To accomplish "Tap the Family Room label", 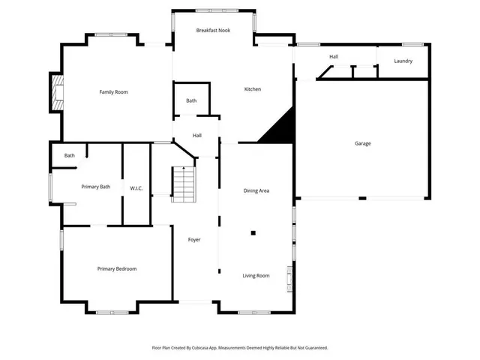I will pyautogui.click(x=114, y=91).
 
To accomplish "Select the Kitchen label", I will pyautogui.click(x=253, y=89).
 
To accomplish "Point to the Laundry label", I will pyautogui.click(x=403, y=61).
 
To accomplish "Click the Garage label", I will pyautogui.click(x=362, y=143).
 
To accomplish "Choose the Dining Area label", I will pyautogui.click(x=256, y=190).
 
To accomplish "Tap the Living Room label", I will pyautogui.click(x=256, y=275).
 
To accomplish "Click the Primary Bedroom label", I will pyautogui.click(x=116, y=268).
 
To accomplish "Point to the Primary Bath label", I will pyautogui.click(x=96, y=187).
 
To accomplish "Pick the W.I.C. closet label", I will pyautogui.click(x=136, y=187).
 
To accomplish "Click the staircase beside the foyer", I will pyautogui.click(x=183, y=184).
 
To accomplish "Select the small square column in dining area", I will pyautogui.click(x=253, y=233).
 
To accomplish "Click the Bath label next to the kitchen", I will pyautogui.click(x=191, y=100).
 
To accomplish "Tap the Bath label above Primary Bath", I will pyautogui.click(x=69, y=155).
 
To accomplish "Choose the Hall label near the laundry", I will pyautogui.click(x=334, y=57).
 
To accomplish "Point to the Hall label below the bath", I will pyautogui.click(x=196, y=135).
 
